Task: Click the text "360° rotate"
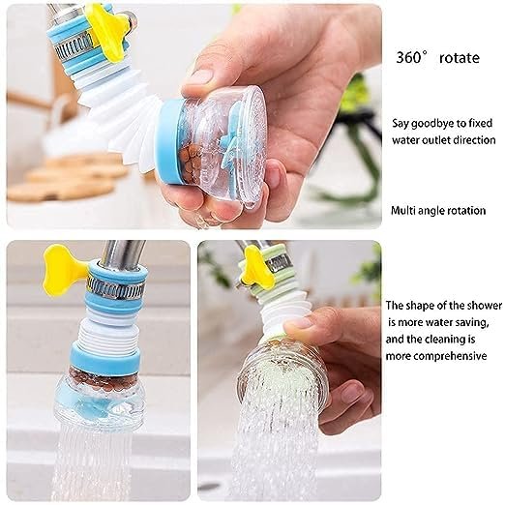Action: [x=436, y=58]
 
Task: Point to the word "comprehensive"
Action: [x=435, y=355]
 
